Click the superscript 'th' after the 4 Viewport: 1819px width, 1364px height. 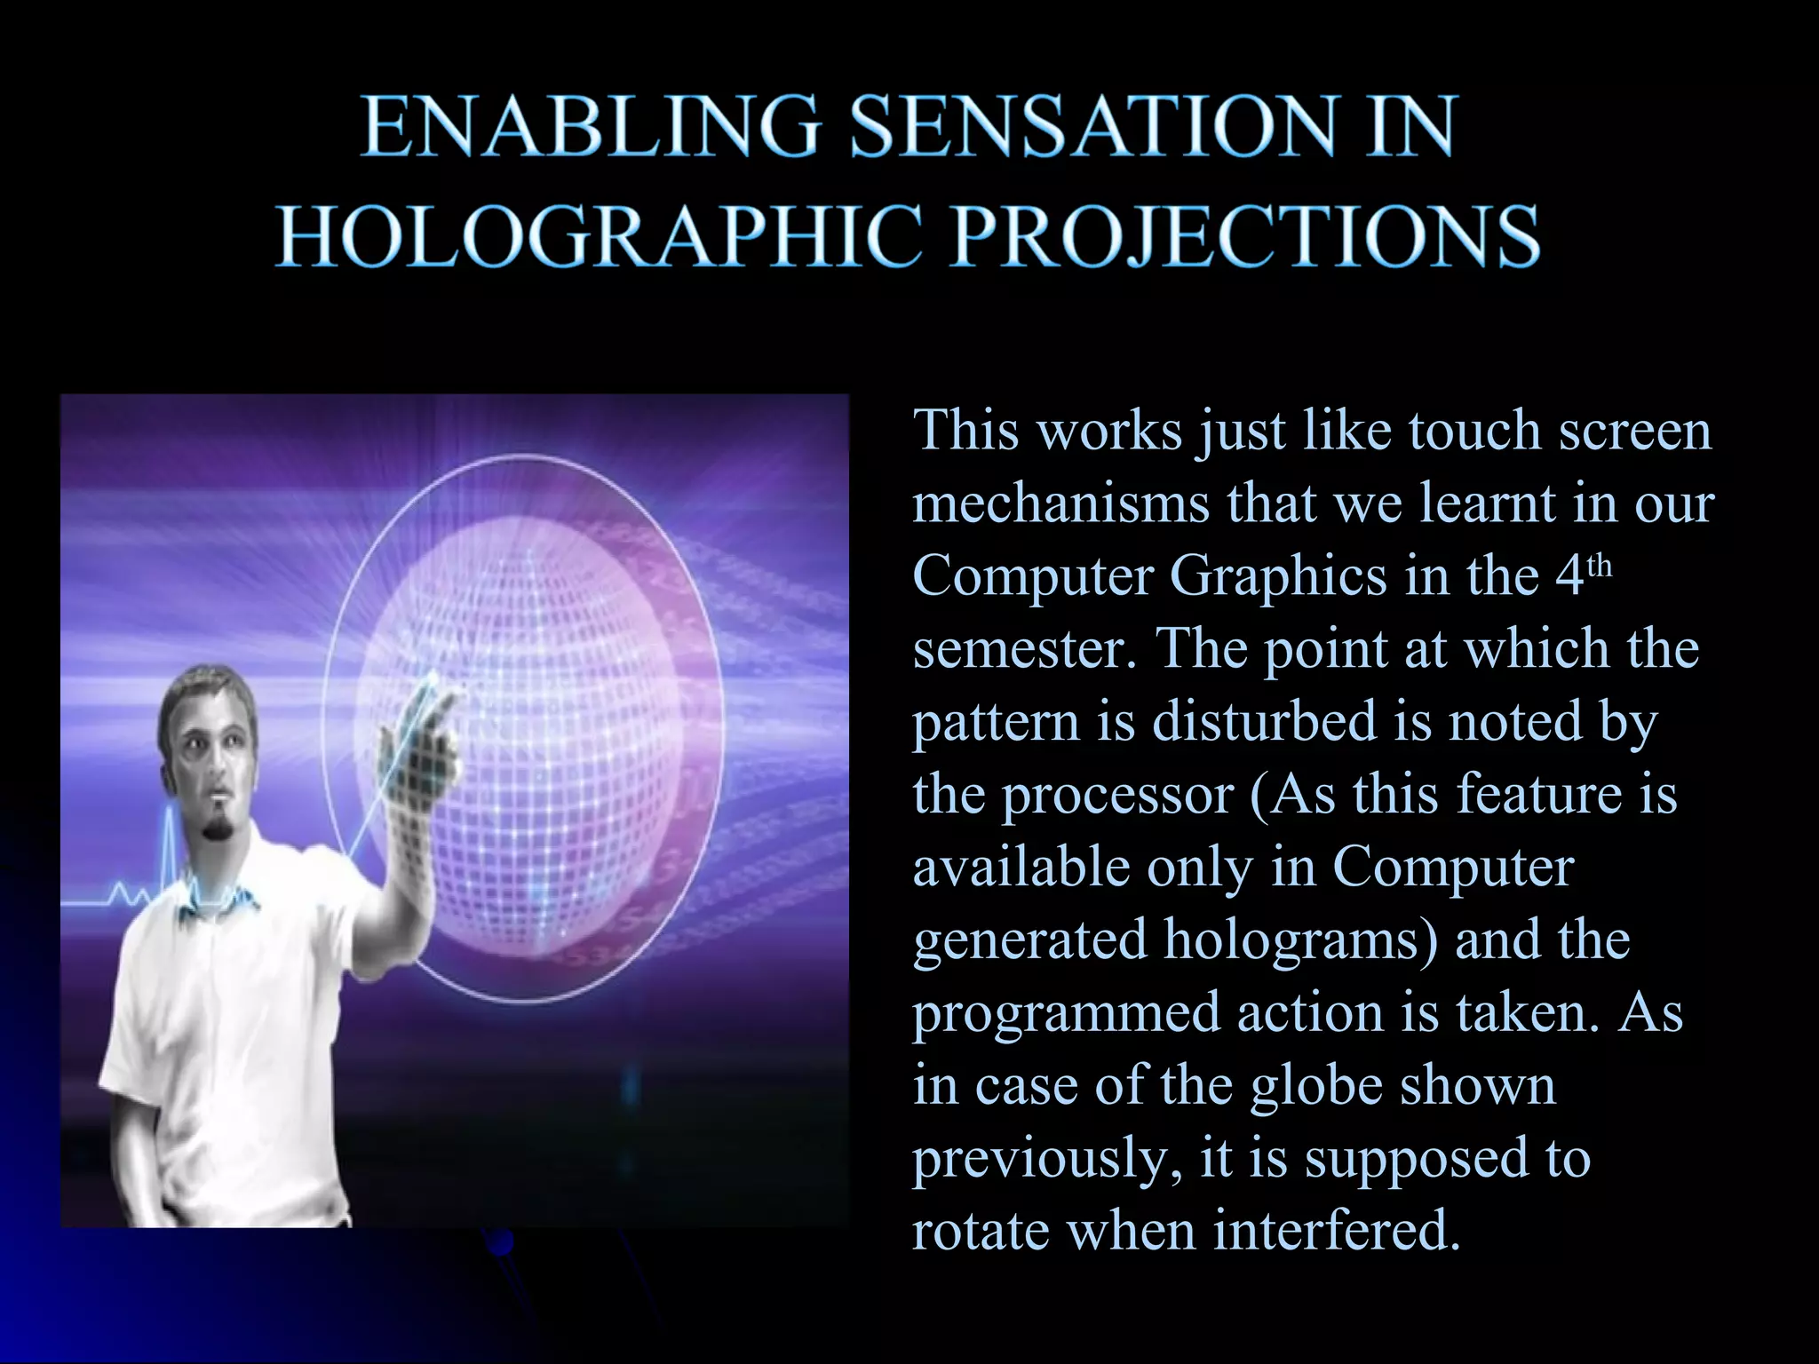click(x=1599, y=565)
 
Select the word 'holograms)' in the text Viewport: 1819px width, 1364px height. click(x=1300, y=941)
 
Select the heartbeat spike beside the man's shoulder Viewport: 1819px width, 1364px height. click(x=170, y=844)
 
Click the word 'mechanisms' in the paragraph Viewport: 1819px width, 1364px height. click(x=1061, y=504)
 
